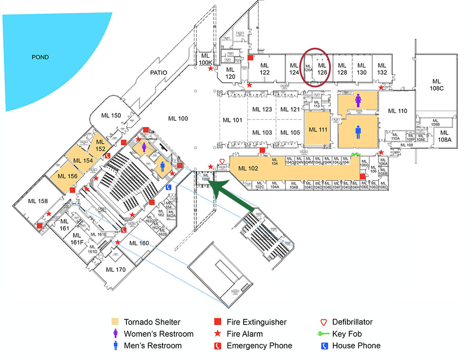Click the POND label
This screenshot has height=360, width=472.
(40, 57)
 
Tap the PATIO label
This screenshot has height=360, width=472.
(159, 72)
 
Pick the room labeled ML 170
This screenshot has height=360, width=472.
(116, 270)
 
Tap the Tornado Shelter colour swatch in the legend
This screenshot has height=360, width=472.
(115, 322)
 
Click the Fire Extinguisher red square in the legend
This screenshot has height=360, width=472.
(218, 322)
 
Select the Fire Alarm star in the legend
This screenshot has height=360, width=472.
(218, 334)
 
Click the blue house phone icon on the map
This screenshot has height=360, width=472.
(169, 187)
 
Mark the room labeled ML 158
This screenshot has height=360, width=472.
(38, 201)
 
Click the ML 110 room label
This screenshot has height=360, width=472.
(397, 111)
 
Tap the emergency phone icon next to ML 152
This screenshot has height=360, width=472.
(107, 155)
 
